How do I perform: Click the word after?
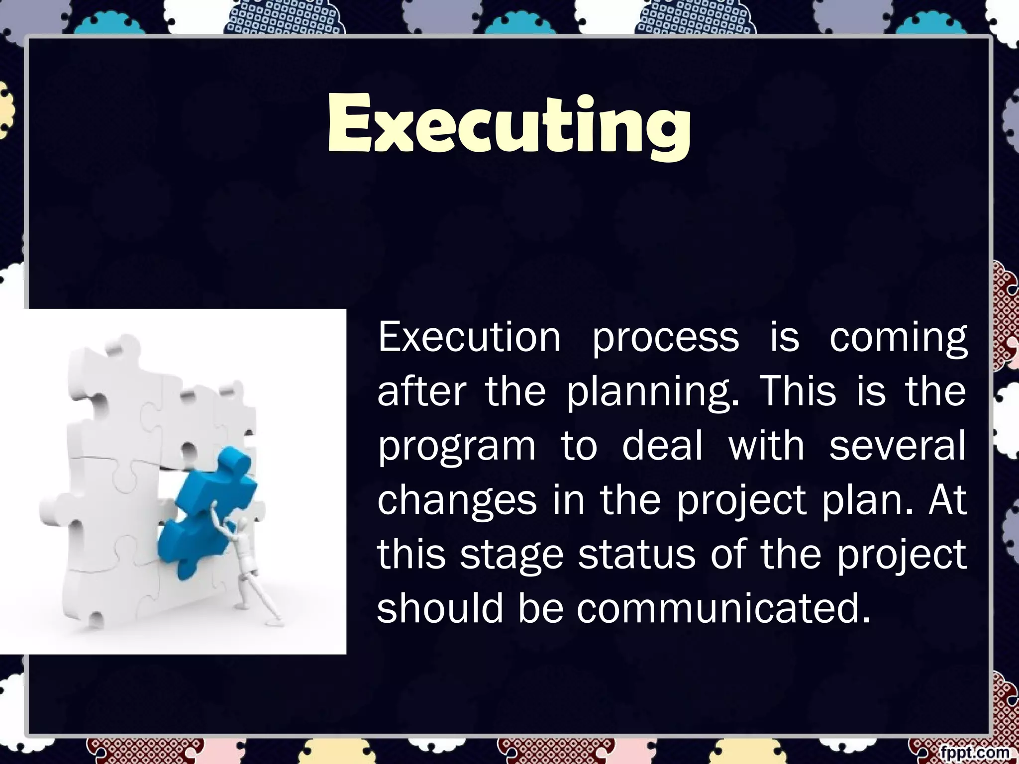421,391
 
